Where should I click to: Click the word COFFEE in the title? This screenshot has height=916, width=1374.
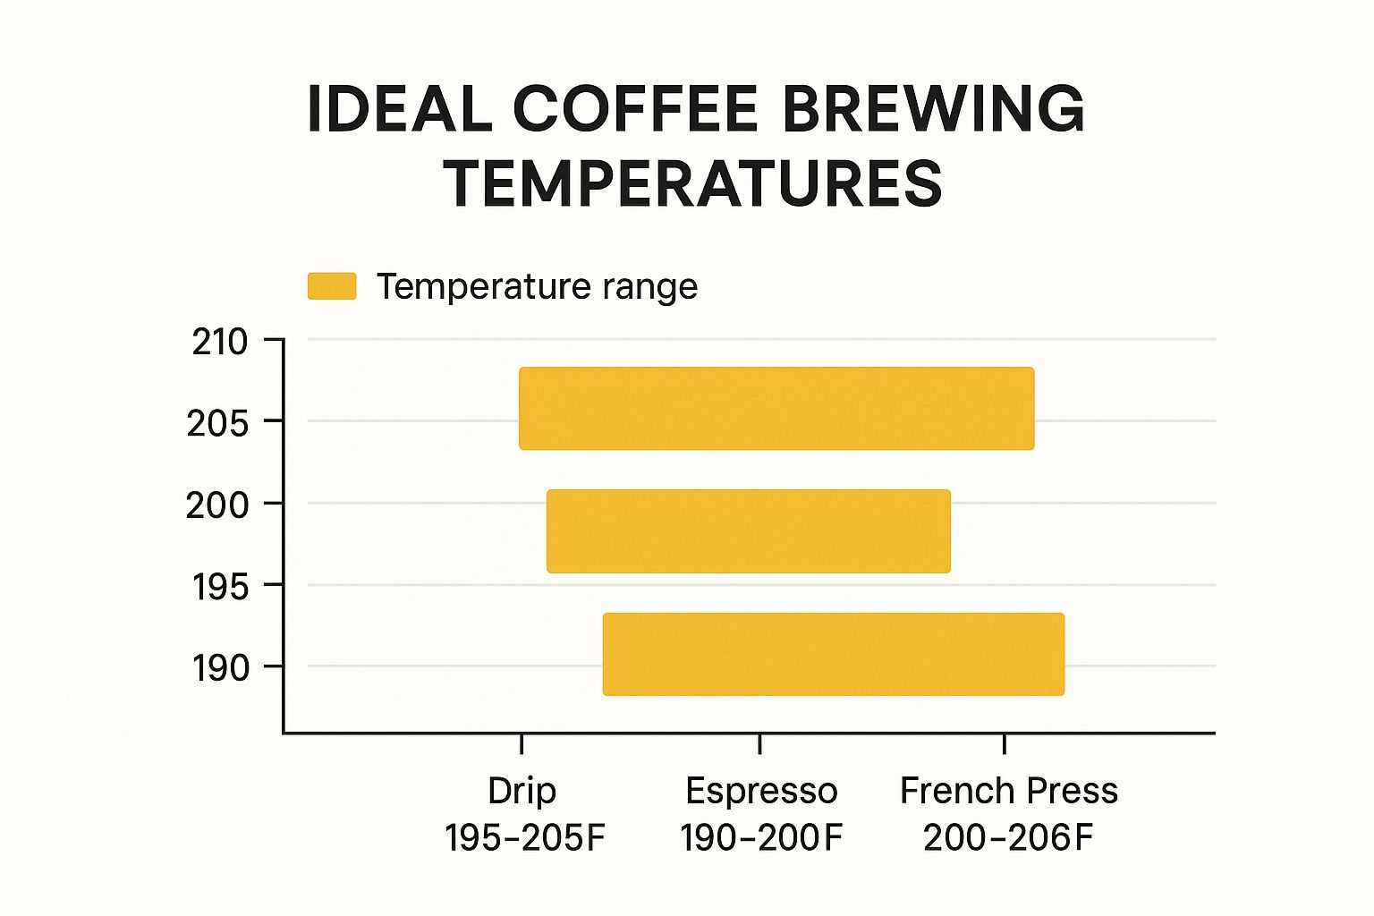coord(635,109)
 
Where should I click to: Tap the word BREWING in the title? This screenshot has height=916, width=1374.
coord(933,109)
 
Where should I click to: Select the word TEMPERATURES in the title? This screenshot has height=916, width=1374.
coord(693,183)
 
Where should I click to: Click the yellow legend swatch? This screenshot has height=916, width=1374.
coord(332,286)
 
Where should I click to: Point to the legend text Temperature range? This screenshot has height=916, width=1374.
coord(537,286)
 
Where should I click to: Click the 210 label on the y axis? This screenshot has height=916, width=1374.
coord(220,342)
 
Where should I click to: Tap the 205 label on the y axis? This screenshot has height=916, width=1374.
coord(217,423)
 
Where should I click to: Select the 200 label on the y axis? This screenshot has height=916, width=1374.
coord(217,505)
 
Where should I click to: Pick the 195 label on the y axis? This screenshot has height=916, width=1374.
coord(220,588)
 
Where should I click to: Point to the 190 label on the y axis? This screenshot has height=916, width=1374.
coord(220,668)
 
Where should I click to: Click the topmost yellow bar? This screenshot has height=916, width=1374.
coord(776,408)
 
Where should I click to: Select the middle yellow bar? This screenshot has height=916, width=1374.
coord(748,530)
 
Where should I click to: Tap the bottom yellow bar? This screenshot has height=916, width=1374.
coord(833,654)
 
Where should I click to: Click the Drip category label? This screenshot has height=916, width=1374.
coord(522,791)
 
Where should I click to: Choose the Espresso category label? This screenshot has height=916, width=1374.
coord(761,791)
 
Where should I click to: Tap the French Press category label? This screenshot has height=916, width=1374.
coord(1008,791)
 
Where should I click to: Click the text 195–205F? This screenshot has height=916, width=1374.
coord(525,838)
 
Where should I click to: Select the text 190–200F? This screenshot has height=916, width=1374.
coord(761,838)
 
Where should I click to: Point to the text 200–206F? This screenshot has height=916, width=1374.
coord(1008,838)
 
